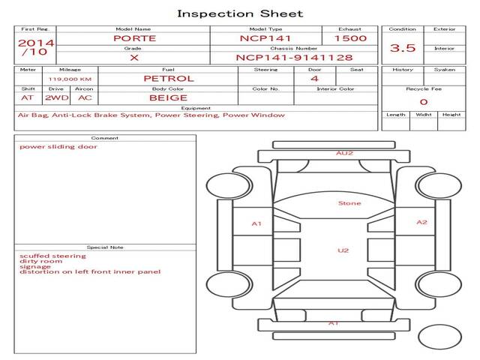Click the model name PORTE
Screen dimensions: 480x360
point(135,38)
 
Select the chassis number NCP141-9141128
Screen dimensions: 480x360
point(294,58)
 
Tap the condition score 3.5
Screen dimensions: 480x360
point(403,48)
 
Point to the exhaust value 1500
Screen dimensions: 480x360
point(350,38)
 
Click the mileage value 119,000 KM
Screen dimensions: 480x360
point(70,79)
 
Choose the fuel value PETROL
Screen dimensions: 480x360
point(169,79)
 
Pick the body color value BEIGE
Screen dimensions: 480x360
point(168,98)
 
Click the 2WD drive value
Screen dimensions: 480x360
point(57,98)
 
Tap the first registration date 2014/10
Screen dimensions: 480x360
point(36,47)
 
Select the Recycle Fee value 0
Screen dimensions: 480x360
point(424,102)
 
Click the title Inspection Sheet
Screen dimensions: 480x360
point(240,13)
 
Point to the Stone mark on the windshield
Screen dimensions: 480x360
point(349,203)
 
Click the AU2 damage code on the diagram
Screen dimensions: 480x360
point(344,153)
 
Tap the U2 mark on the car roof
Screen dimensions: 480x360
point(343,250)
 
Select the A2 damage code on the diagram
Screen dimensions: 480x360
point(421,222)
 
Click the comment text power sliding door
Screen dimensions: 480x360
point(58,147)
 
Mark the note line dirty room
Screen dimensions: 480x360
point(40,261)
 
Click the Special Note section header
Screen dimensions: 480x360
point(105,247)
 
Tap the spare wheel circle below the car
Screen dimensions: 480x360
point(439,337)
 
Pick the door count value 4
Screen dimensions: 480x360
point(315,79)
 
